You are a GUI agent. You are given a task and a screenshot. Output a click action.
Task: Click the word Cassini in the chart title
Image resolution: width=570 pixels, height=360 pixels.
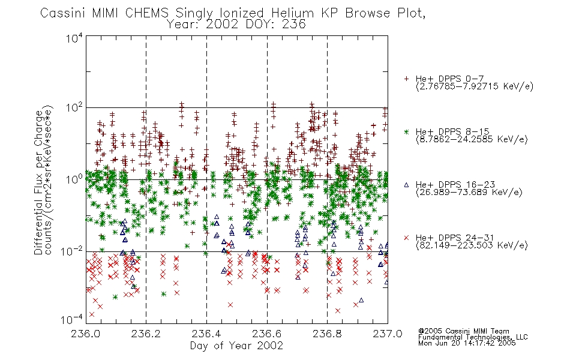coord(62,13)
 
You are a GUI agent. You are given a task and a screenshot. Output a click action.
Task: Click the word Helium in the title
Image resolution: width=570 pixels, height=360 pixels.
coord(292,13)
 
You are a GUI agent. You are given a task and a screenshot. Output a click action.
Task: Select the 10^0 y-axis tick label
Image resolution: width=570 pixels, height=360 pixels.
coord(74,179)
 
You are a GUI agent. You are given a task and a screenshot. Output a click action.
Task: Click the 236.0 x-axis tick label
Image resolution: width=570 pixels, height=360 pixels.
coord(85,334)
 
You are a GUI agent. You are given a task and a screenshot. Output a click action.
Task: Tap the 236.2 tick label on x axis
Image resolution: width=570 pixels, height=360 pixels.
coord(146,334)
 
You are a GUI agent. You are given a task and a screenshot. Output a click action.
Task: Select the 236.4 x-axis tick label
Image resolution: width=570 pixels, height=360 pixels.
coord(206,334)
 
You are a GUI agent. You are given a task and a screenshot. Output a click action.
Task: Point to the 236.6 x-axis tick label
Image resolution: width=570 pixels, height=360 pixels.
coord(266,334)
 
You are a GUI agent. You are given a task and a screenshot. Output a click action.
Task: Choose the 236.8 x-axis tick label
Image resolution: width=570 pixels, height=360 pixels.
coord(327,334)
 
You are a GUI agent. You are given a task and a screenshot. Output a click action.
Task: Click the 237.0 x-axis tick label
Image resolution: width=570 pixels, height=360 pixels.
coord(388,334)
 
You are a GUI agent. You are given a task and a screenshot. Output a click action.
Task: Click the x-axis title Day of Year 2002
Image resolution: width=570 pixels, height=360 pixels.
coord(236,346)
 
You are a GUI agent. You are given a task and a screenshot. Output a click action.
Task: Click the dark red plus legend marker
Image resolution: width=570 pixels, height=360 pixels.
coord(406,79)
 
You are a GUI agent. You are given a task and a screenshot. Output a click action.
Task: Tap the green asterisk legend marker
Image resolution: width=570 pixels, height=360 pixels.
coord(406,131)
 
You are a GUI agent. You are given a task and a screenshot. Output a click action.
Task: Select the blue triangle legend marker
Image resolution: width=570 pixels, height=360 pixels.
coord(406,185)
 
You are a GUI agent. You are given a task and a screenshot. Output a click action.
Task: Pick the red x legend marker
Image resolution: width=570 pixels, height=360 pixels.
coord(406,238)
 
